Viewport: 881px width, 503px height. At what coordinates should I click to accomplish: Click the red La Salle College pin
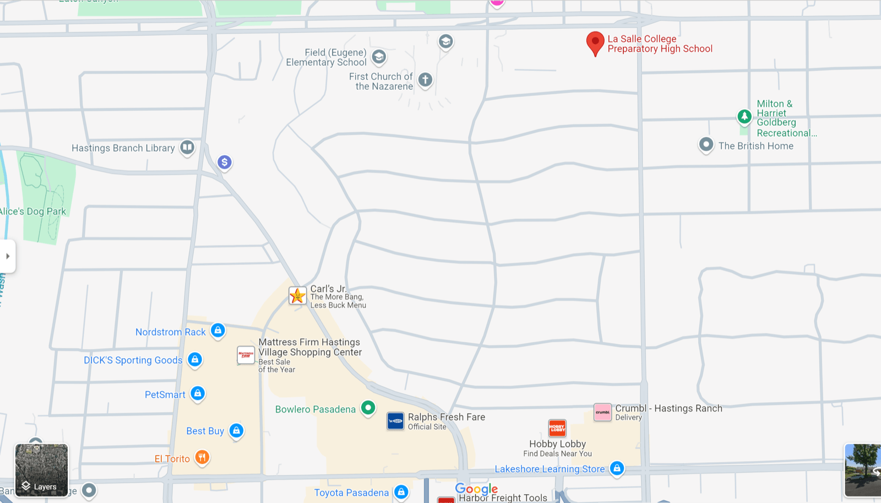pos(595,42)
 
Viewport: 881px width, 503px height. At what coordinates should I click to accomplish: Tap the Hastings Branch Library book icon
pos(187,147)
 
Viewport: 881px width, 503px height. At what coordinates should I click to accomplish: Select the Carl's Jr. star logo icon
pos(297,296)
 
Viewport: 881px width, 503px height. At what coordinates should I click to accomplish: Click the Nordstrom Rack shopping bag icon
pos(218,331)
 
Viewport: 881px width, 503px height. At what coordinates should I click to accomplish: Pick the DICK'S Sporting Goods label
pos(133,360)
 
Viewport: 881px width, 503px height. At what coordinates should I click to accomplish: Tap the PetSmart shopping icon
pos(198,393)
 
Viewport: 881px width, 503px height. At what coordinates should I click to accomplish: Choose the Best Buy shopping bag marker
pos(236,430)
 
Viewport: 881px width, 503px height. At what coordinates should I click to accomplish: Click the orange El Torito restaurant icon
pos(202,457)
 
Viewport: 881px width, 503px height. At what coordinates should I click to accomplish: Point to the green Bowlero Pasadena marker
pos(368,408)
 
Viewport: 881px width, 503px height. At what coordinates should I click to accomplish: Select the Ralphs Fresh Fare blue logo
pos(395,421)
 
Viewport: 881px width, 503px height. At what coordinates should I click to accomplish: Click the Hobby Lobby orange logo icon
pos(557,428)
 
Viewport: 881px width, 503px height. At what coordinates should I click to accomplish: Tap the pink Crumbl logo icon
pos(602,412)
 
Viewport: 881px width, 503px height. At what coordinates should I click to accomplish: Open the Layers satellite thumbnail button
pos(42,470)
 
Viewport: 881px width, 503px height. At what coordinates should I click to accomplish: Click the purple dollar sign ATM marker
pos(224,162)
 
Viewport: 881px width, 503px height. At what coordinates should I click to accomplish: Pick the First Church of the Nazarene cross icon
pos(425,80)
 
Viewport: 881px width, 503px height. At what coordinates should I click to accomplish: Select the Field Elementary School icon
pos(379,57)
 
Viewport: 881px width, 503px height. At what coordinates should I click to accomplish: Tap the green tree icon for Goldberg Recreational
pos(744,116)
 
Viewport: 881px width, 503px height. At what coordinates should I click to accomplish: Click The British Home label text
pos(755,146)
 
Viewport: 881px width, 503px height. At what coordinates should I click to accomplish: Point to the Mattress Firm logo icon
pos(246,355)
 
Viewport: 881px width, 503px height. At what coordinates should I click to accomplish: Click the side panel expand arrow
pos(8,256)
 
